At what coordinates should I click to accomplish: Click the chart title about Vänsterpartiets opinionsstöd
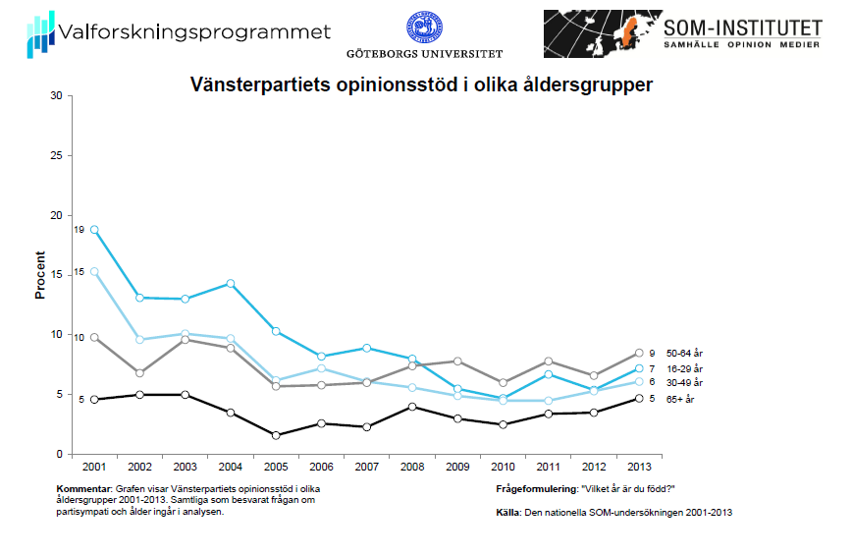tap(420, 85)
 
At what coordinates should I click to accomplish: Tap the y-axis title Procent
tap(41, 275)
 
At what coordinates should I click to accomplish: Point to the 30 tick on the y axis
tap(56, 96)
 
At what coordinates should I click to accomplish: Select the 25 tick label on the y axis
tap(56, 156)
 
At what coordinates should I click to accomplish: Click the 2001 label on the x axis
tap(94, 468)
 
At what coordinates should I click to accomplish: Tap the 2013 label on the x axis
tap(638, 468)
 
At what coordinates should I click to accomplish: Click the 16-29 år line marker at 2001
tap(94, 229)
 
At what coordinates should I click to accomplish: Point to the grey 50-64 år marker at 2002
tap(140, 373)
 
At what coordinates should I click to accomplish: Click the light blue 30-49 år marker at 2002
tap(140, 340)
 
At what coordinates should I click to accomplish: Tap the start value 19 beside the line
tap(80, 229)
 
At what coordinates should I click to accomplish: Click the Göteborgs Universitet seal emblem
tap(425, 28)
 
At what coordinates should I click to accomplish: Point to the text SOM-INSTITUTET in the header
tap(742, 28)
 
